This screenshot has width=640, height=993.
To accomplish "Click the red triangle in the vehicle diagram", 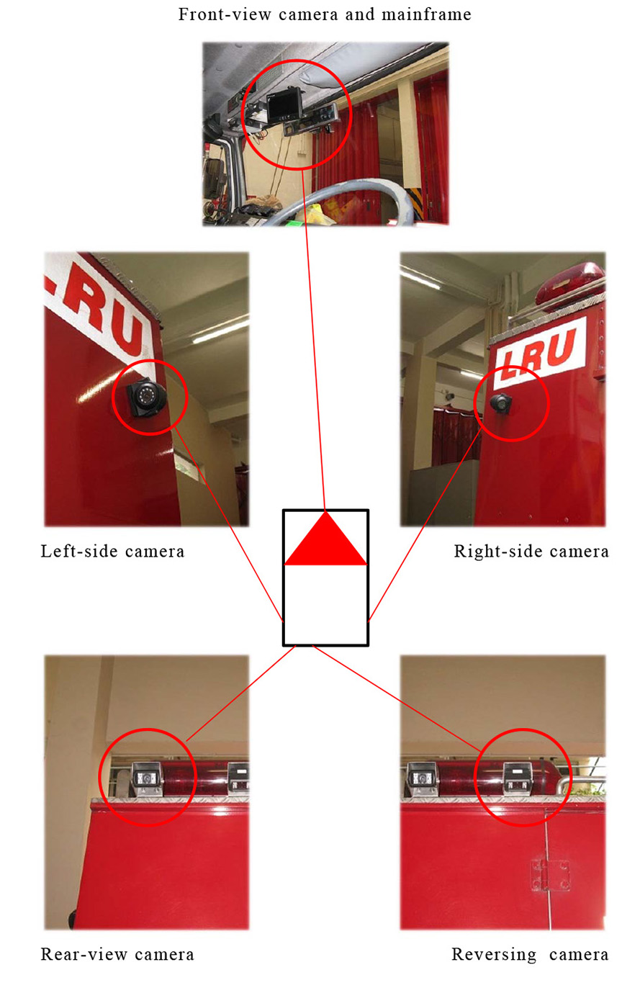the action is coord(325,540).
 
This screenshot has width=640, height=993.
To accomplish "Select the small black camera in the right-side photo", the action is coord(501,403).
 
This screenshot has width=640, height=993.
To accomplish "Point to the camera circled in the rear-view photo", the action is coord(147,778).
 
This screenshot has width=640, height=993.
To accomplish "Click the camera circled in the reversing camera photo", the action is coord(518,778).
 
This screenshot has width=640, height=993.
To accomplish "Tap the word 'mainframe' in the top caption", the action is coord(426,14).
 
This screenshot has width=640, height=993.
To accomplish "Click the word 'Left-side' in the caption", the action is coord(81,551).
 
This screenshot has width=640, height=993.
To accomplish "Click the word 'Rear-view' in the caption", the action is coord(85,954).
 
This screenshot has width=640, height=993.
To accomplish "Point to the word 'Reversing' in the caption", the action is coord(494,954).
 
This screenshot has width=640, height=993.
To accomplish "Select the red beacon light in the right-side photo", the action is coord(569,282).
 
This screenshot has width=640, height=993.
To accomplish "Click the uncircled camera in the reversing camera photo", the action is coord(423,779).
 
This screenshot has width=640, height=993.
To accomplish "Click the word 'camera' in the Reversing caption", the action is coord(578,954).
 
